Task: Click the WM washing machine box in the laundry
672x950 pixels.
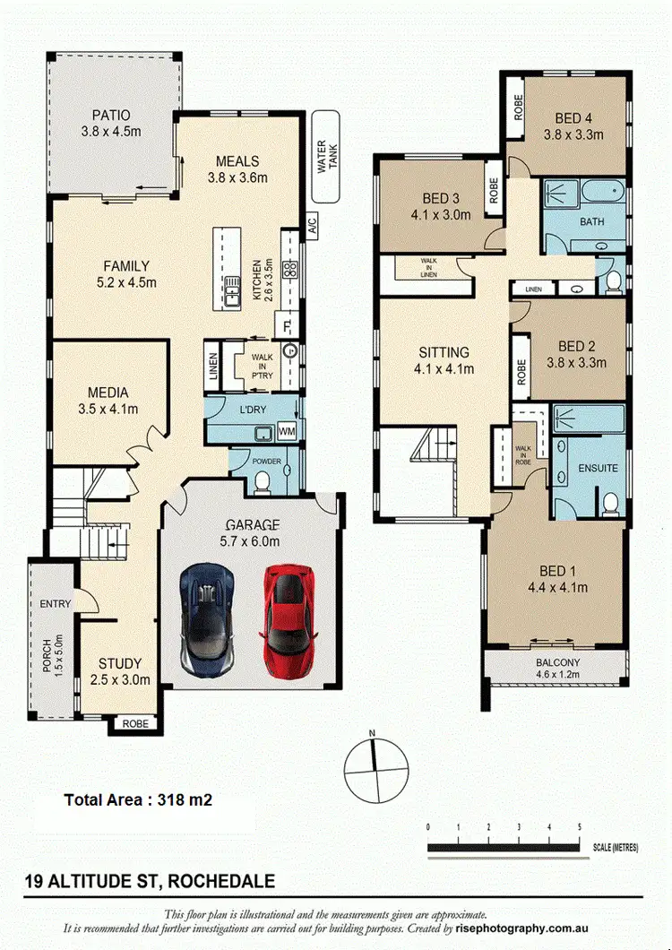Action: tap(287, 433)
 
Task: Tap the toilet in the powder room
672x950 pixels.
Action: tap(263, 483)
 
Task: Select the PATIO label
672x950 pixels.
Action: tap(111, 116)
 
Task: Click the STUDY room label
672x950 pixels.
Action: tap(120, 663)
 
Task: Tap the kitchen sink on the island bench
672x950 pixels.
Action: tap(232, 289)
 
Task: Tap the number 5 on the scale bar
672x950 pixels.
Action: tap(579, 826)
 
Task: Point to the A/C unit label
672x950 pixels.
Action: tap(313, 225)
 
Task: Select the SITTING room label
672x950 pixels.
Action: tap(444, 352)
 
